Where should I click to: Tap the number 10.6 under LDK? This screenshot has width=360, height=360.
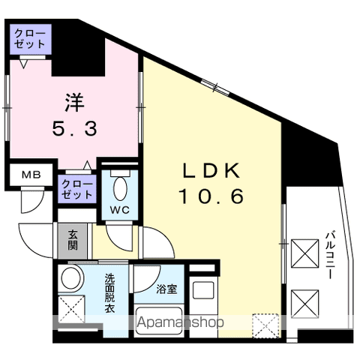click(x=211, y=196)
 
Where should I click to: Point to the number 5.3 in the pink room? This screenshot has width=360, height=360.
click(x=73, y=129)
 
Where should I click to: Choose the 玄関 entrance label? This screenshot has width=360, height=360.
click(x=73, y=240)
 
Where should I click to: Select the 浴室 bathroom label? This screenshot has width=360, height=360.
click(x=166, y=289)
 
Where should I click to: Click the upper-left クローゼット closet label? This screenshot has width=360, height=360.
click(x=29, y=39)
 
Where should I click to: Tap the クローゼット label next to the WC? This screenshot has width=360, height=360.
click(x=77, y=189)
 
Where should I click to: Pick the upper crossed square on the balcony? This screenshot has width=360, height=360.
click(x=304, y=253)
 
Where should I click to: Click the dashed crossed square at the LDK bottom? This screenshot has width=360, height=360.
click(x=264, y=324)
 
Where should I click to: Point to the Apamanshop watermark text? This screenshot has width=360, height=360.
click(x=181, y=323)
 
